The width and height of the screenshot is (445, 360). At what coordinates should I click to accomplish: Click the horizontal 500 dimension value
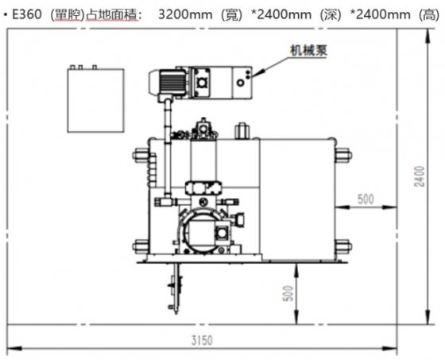(366, 199)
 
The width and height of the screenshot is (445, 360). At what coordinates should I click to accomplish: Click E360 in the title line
(28, 14)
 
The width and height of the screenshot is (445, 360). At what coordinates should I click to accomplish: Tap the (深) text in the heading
(317, 14)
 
